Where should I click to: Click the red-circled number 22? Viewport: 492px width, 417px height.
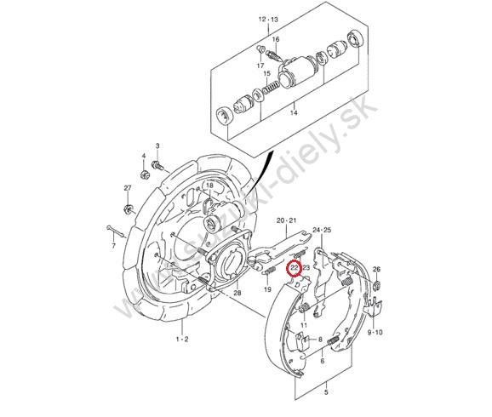(295, 268)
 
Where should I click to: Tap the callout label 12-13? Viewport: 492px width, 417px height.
(268, 20)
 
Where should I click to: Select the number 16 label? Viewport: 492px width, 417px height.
(276, 39)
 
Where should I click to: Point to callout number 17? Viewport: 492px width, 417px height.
(260, 66)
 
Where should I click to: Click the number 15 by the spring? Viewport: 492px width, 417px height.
(266, 74)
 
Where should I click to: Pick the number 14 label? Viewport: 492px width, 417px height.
(294, 112)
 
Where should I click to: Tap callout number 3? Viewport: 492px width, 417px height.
(157, 146)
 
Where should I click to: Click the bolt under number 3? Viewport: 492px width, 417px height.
(157, 165)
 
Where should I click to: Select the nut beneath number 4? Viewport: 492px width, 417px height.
(145, 174)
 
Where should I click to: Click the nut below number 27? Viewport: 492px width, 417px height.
(128, 209)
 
